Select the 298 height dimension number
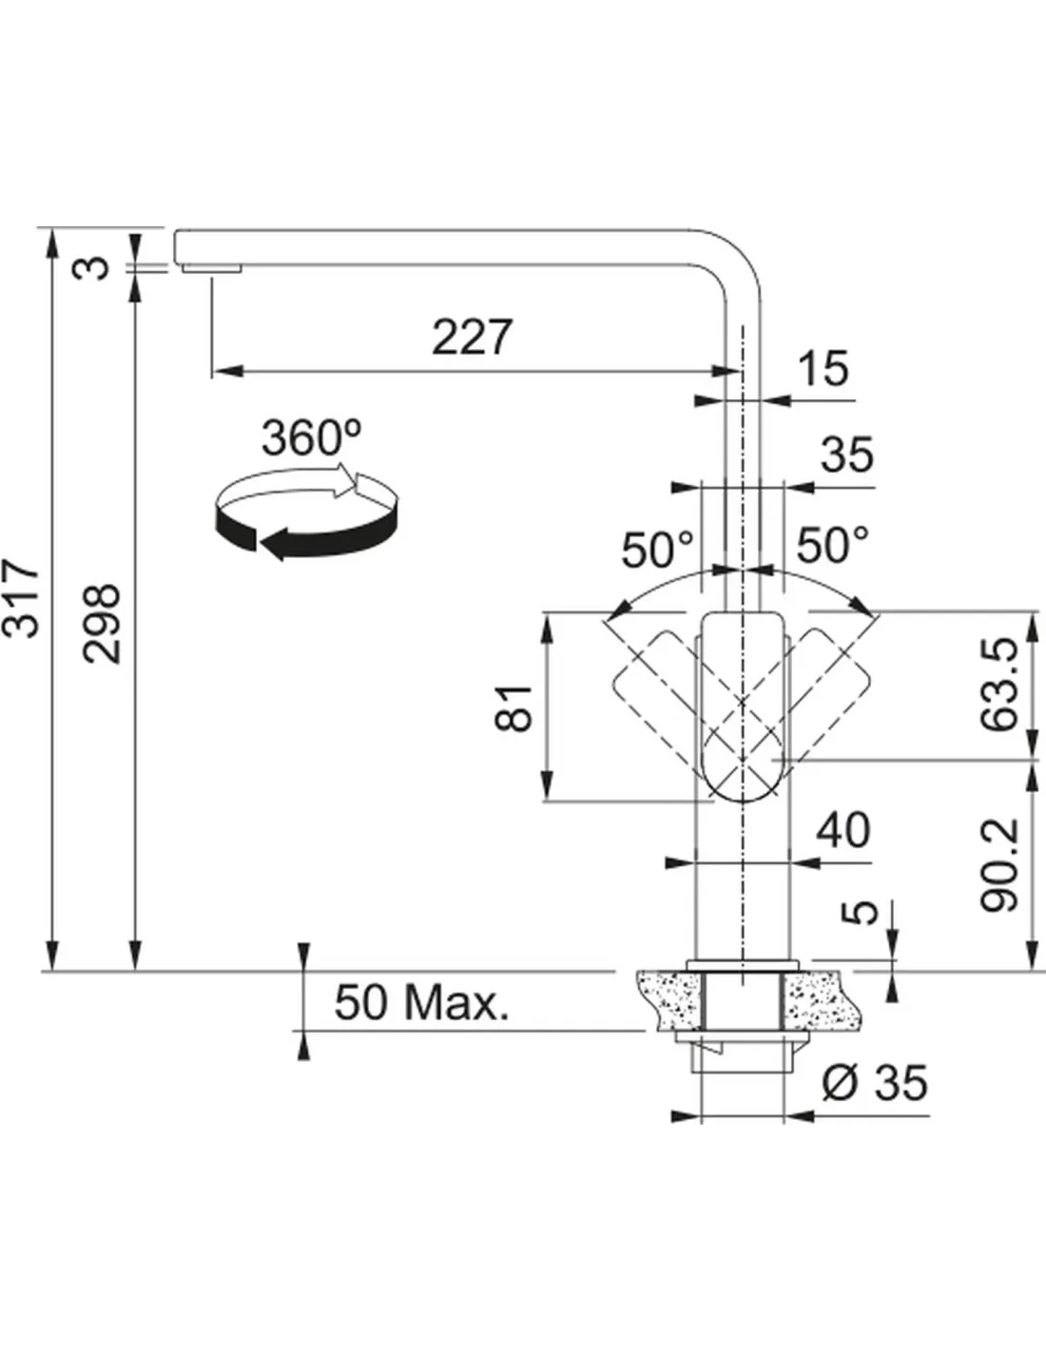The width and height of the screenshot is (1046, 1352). point(102,624)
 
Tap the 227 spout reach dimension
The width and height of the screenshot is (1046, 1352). point(473,337)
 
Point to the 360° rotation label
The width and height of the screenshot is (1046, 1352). point(311,437)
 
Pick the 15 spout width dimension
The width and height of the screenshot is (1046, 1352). point(823,368)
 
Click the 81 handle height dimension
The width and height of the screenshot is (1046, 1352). point(514,708)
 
